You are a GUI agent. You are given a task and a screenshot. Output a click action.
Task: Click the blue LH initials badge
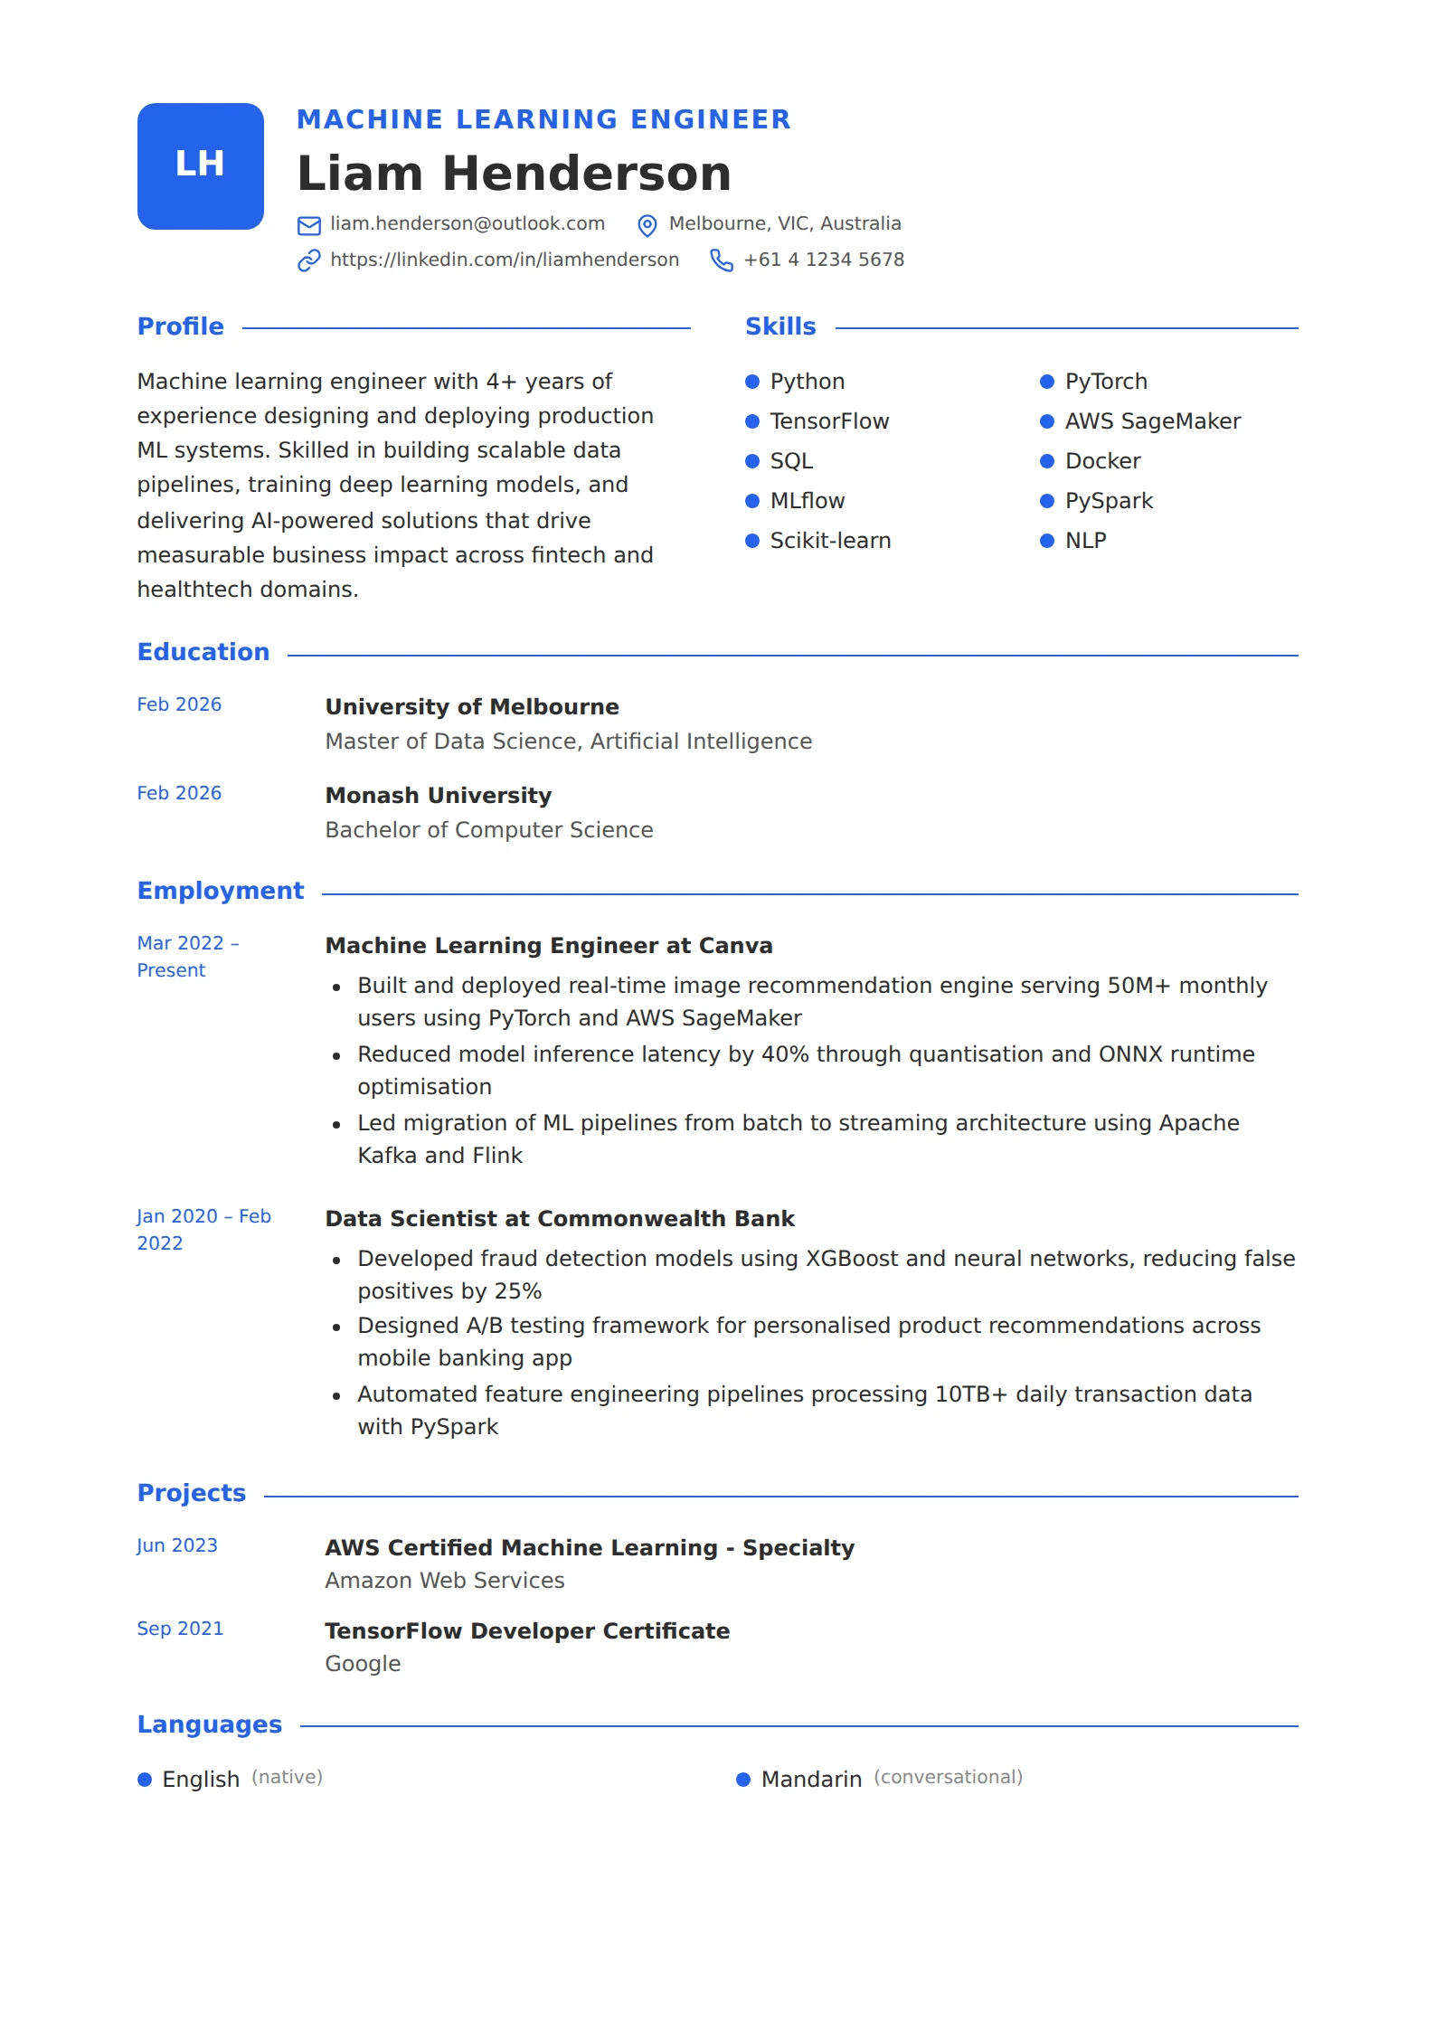coord(200,166)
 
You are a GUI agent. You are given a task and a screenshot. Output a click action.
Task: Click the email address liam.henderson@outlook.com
coord(467,223)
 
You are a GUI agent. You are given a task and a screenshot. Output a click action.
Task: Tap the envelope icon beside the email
coord(309,225)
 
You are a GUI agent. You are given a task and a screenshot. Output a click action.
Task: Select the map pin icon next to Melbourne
coord(647,225)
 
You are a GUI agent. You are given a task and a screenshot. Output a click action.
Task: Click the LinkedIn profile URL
coord(504,260)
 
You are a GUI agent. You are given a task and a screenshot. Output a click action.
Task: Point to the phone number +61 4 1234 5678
coord(823,260)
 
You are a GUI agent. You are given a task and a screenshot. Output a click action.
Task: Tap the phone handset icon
coord(722,260)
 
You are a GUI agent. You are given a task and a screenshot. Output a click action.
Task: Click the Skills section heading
coord(779,326)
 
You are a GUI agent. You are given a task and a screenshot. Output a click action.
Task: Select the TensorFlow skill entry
coord(828,421)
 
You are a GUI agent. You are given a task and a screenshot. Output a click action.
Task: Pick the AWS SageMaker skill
coord(1152,421)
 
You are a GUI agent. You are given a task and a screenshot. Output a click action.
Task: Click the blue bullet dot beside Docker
coord(1047,461)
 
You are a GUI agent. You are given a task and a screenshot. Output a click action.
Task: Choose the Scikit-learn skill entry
coord(829,541)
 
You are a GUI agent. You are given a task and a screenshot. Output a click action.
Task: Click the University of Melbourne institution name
coord(472,707)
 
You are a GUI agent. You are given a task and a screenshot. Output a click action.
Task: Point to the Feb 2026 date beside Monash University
coord(179,793)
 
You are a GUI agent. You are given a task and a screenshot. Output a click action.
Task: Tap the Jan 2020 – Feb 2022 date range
coord(203,1229)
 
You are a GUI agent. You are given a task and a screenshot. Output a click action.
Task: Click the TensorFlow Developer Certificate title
coord(527,1631)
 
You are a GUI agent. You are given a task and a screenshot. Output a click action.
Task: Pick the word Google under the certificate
coord(363,1664)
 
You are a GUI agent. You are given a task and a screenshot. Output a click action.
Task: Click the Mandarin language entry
coord(811,1780)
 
